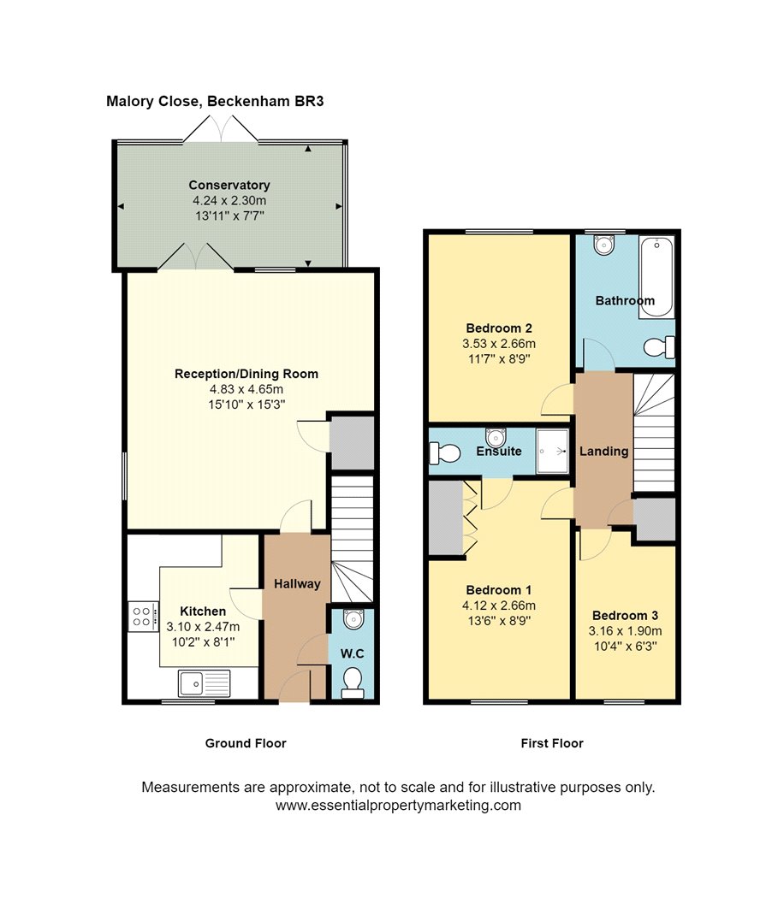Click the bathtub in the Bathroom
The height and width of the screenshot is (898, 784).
point(656,276)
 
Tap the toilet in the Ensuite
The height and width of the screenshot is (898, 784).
point(445,453)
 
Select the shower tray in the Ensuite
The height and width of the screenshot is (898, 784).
point(552,452)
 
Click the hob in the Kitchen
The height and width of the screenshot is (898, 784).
point(143,617)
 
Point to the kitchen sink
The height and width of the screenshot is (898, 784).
point(204,683)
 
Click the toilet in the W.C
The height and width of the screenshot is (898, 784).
point(352,684)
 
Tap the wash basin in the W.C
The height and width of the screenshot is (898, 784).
point(353,619)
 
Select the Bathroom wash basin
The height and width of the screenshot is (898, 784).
point(604,245)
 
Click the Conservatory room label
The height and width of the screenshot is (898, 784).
point(229,185)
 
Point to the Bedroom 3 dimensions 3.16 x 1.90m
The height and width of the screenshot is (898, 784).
point(626,631)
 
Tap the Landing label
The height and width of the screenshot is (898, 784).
point(604,452)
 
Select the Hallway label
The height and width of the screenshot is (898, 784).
point(297,584)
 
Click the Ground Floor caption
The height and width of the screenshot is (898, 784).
point(246,743)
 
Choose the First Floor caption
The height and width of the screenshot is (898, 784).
point(552,743)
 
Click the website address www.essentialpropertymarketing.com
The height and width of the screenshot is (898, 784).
point(398,806)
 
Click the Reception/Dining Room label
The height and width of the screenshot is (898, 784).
point(246,374)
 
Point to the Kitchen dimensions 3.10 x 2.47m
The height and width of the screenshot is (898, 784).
point(203,627)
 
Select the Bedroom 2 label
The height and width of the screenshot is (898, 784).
point(499,328)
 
